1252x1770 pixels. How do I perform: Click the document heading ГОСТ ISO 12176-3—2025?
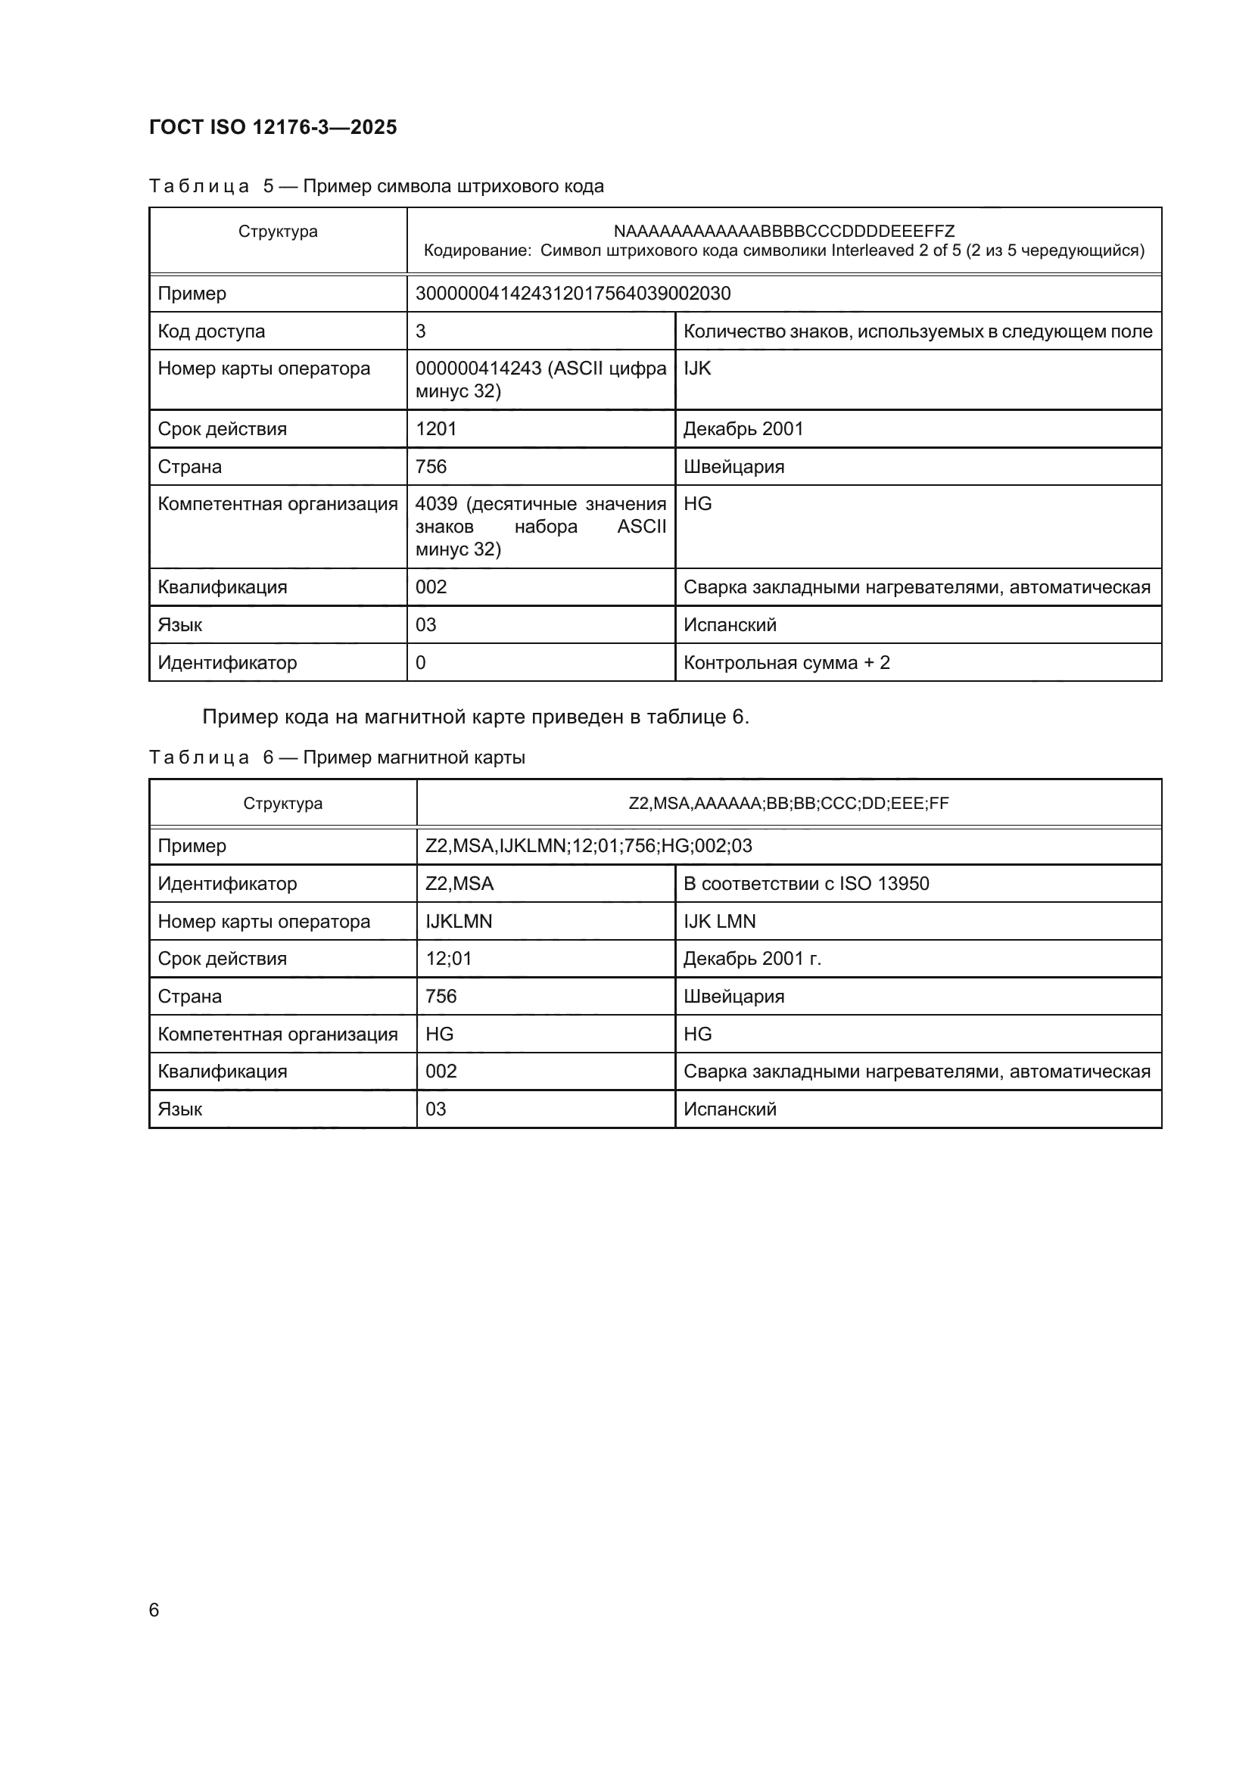[x=273, y=127]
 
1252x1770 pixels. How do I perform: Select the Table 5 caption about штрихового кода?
[x=376, y=187]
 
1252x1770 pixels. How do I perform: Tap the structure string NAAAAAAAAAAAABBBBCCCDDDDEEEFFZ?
[x=783, y=232]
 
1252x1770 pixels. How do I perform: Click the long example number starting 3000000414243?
[x=573, y=294]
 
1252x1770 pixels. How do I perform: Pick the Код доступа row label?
[x=211, y=331]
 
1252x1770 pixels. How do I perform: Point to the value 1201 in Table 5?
[x=436, y=428]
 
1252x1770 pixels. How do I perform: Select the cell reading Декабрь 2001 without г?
[x=743, y=428]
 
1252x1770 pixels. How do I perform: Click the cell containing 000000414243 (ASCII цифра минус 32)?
[x=540, y=379]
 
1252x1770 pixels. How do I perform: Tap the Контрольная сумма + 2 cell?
[x=786, y=663]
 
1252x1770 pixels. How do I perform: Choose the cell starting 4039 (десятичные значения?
[x=540, y=527]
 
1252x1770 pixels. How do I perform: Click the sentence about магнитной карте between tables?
[x=475, y=717]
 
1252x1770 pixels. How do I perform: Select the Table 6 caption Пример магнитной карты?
[x=337, y=757]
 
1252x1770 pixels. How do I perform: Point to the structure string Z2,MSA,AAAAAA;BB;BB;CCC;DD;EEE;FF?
[x=788, y=804]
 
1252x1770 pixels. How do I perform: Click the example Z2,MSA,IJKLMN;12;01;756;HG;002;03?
[x=588, y=846]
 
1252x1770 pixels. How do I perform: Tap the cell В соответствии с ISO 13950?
[x=805, y=883]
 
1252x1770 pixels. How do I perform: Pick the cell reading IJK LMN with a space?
[x=718, y=921]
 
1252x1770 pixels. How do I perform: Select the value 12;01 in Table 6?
[x=449, y=958]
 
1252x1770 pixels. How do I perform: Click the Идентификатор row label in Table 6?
[x=226, y=883]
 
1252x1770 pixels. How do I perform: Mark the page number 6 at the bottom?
[x=154, y=1610]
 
